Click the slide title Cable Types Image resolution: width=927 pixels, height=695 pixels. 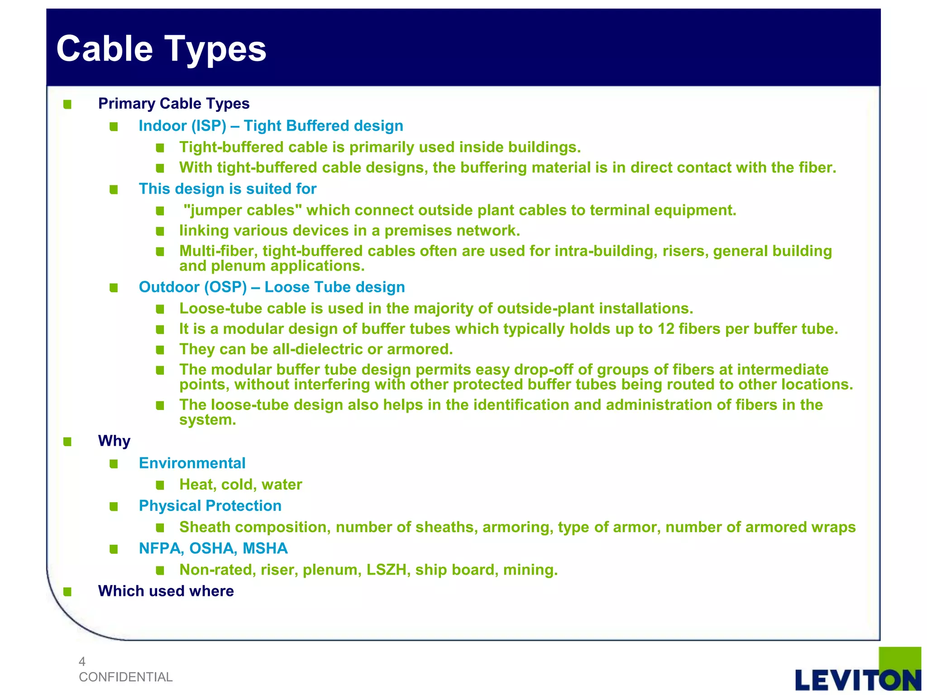point(161,49)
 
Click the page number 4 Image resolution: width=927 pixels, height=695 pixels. point(82,662)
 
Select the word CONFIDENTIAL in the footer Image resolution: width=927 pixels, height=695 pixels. point(125,677)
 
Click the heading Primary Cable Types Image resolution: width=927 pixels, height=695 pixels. point(174,104)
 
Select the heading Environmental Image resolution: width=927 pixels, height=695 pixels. point(192,463)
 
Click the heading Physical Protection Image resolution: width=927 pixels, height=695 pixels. point(210,506)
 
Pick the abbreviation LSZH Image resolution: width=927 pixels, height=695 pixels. point(386,570)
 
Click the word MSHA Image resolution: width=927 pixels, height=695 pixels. point(265,548)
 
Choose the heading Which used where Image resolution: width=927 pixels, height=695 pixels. point(166,591)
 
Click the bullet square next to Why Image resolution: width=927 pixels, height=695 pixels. point(67,442)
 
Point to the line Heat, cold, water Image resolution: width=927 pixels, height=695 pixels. point(240,485)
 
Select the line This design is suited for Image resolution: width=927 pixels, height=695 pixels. point(227,189)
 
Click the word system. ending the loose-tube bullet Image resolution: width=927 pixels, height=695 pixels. point(207,420)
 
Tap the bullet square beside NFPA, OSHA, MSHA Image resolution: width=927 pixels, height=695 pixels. point(114,549)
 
